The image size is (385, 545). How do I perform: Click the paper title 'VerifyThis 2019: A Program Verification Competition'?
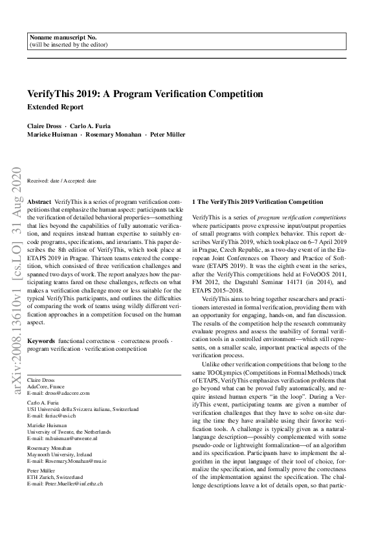click(145, 94)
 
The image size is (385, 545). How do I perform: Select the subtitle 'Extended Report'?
click(55, 107)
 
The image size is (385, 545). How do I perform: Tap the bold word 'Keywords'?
click(41, 340)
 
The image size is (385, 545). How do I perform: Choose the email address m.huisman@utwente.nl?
click(71, 438)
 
